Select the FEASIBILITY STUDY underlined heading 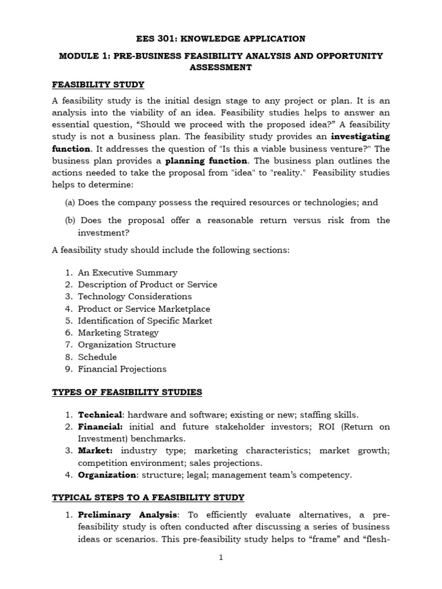tap(98, 85)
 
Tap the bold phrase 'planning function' tap(207, 161)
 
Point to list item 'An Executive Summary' tap(127, 273)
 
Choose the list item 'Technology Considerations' tap(135, 296)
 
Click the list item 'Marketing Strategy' tap(118, 332)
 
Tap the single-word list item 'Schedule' tap(97, 357)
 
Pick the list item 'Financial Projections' tap(122, 369)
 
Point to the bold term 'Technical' tap(100, 415)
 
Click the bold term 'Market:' tap(95, 451)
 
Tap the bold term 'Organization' tap(106, 475)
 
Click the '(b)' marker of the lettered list tap(69, 220)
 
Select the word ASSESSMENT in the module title tap(220, 67)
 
